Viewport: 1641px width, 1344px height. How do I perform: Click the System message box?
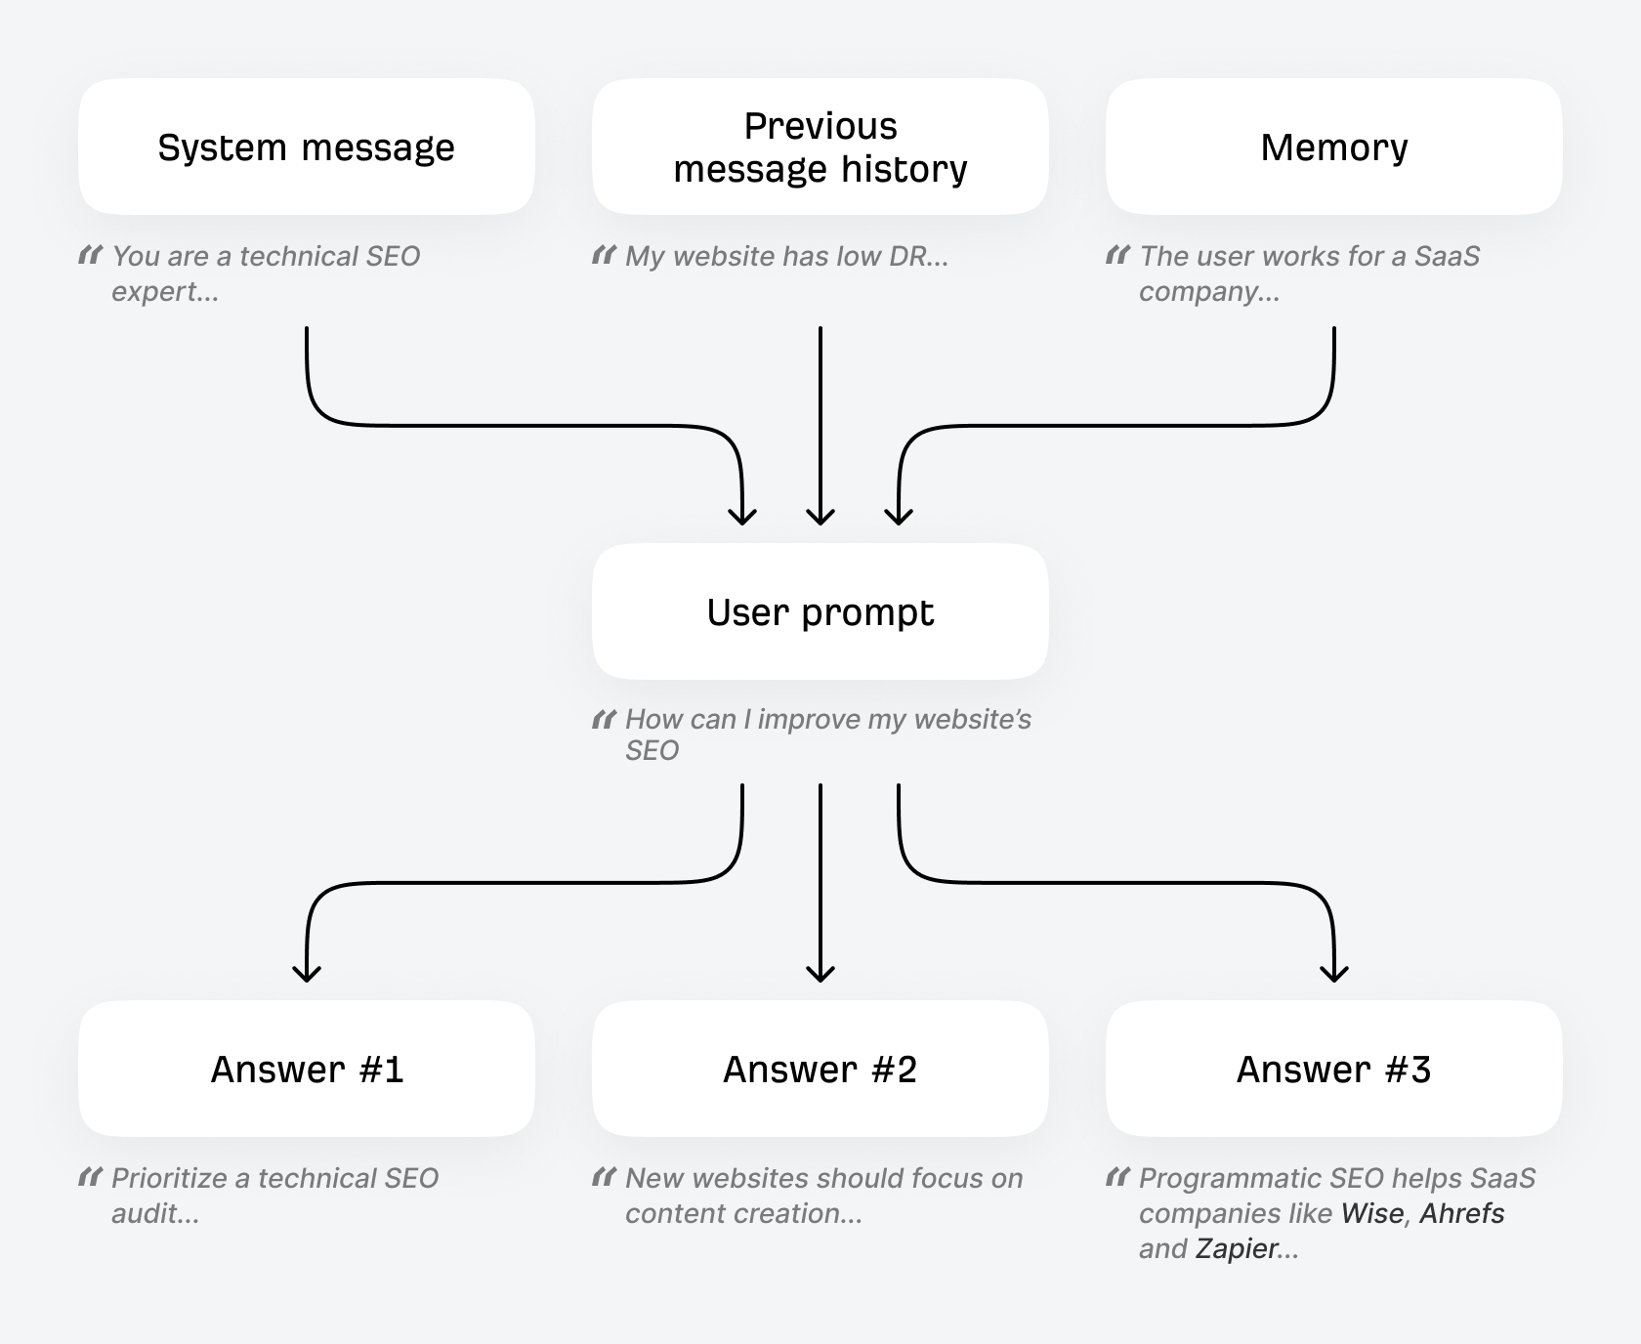(x=306, y=147)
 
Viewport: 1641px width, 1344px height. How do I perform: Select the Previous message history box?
(x=820, y=147)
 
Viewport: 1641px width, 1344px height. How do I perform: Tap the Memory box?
(x=1333, y=147)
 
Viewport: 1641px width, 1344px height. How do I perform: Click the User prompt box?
(x=820, y=612)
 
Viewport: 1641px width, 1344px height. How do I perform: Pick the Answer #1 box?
(x=306, y=1070)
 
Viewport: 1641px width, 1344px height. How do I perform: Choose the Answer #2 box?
(x=820, y=1070)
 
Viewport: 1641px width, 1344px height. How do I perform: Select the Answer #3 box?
(x=1333, y=1070)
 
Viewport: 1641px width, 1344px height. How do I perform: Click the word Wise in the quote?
(x=1372, y=1213)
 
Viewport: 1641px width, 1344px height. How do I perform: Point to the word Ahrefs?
(x=1461, y=1213)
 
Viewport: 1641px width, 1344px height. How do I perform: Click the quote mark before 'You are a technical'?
(x=90, y=256)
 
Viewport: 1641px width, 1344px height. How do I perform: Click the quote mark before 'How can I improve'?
(x=604, y=720)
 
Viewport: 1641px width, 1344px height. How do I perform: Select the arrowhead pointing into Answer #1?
(x=307, y=973)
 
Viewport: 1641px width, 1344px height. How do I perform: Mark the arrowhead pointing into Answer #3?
(x=1334, y=973)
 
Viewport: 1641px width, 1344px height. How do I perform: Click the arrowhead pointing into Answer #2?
(x=820, y=973)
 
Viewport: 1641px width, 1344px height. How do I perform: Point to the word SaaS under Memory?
(x=1447, y=256)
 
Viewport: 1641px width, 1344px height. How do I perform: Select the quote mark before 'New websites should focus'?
(x=604, y=1178)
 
